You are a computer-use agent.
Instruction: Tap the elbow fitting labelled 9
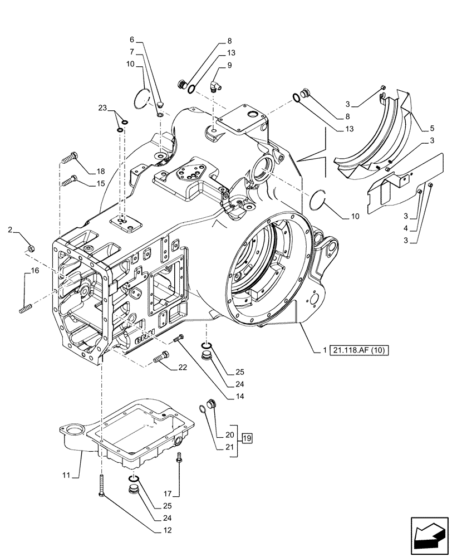point(214,85)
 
